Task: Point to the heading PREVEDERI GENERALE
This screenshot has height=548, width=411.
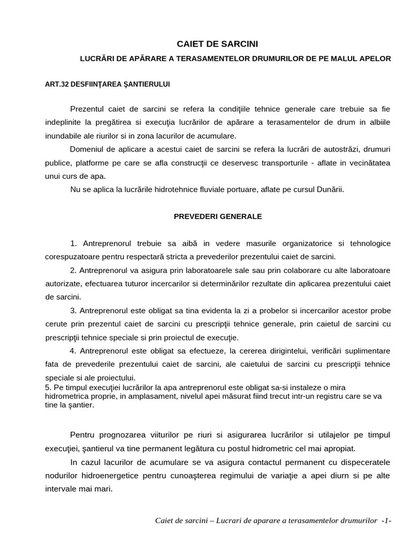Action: (217, 217)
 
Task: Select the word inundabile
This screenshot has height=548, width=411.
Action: (61, 135)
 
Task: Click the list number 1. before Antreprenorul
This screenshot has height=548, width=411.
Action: (74, 243)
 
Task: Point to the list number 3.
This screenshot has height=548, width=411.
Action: (74, 310)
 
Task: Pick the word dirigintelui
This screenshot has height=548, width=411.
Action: (269, 351)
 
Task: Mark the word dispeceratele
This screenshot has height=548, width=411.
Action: (363, 462)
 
